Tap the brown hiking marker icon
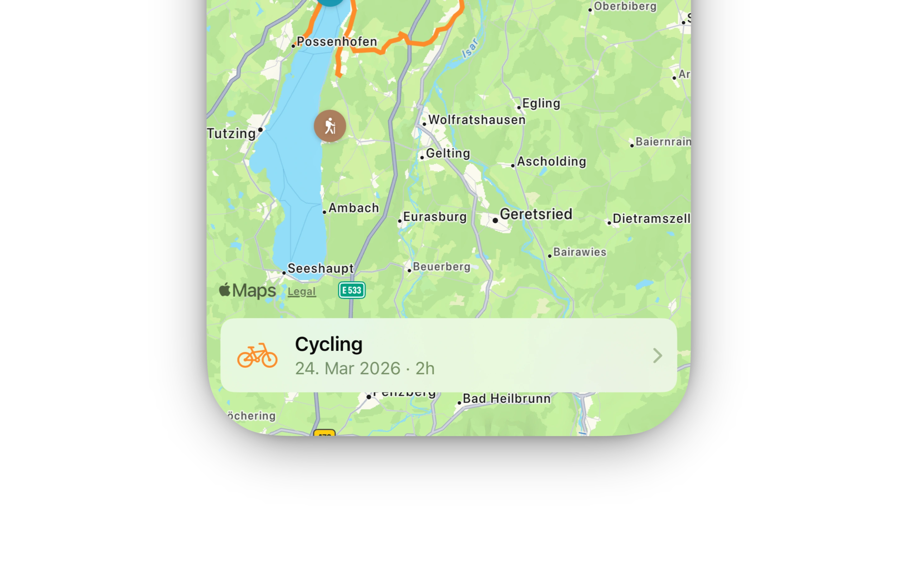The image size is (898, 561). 330,126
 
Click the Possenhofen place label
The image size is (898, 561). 336,41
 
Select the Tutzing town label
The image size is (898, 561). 231,133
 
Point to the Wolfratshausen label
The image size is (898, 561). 476,120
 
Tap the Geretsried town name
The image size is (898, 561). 535,214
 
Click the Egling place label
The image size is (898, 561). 541,103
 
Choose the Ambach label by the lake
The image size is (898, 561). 353,208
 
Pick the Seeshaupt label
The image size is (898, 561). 321,268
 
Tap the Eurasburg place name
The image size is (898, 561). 435,217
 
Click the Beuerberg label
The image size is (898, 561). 441,266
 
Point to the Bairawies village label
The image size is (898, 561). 579,252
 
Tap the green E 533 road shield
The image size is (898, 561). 351,290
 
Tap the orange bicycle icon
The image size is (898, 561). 257,355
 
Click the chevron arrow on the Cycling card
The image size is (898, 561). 657,355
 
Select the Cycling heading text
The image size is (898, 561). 329,344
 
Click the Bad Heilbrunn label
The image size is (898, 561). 506,399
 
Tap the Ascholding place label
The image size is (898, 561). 551,161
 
